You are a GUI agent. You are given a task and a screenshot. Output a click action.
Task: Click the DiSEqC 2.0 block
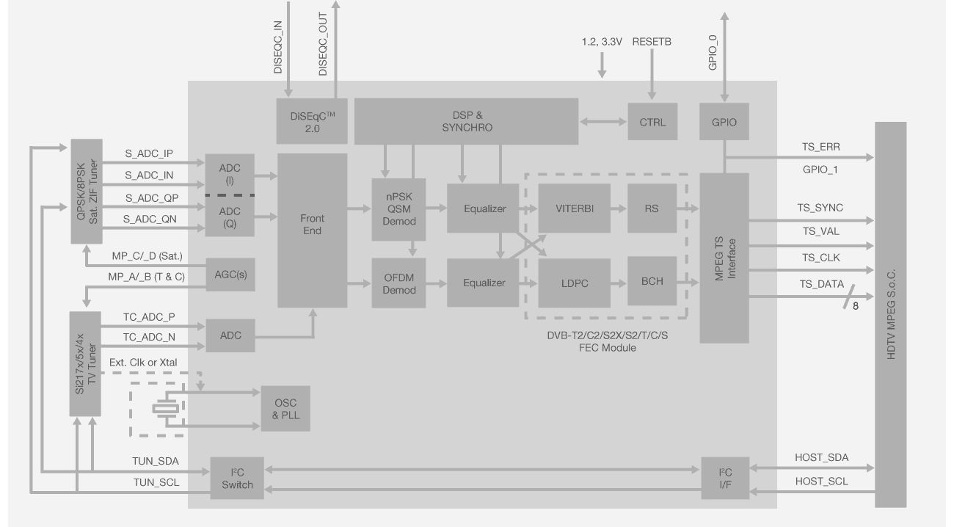[311, 121]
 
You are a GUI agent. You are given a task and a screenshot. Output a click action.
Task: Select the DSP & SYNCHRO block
[467, 121]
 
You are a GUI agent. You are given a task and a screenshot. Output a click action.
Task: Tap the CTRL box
[652, 122]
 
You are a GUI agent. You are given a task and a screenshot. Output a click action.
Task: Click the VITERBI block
[574, 208]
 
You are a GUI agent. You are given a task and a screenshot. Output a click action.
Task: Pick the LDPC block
[574, 283]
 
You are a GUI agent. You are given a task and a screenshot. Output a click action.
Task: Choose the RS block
[652, 208]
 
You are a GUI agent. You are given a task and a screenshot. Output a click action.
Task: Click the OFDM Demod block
[399, 283]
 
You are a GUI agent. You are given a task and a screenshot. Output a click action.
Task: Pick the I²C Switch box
[237, 479]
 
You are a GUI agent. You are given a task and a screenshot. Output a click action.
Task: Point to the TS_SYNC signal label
[820, 208]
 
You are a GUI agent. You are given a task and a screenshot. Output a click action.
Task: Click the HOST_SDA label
[821, 457]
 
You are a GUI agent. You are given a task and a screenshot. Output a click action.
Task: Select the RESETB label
[651, 43]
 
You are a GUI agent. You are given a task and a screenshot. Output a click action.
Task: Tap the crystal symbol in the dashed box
[164, 409]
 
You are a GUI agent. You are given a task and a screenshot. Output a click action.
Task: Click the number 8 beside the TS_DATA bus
[855, 305]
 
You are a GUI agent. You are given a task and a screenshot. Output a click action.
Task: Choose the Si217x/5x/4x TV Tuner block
[86, 363]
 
